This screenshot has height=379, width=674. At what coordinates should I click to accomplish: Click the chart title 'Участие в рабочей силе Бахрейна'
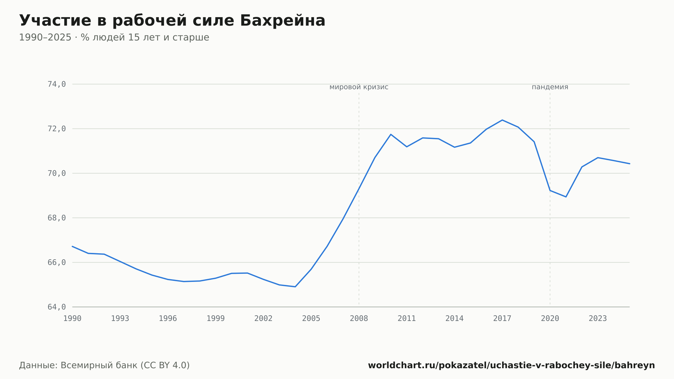172,21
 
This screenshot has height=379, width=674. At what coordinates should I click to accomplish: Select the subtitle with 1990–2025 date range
114,37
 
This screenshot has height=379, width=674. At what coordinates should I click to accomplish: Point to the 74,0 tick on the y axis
57,84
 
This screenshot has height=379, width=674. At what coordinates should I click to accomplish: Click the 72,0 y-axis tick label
57,129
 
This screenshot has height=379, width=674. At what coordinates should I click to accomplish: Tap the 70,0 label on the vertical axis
57,173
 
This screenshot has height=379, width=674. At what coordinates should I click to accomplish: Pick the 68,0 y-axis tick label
57,218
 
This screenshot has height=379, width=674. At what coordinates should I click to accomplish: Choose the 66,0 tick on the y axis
57,262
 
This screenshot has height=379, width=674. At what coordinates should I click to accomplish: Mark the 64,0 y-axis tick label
57,307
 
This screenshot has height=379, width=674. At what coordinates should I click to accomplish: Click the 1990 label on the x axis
72,319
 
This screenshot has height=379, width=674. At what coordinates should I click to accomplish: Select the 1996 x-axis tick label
168,319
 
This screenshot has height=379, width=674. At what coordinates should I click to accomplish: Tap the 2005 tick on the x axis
311,319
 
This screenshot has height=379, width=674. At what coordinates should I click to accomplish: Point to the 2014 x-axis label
455,319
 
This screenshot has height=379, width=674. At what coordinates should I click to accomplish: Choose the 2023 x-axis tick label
598,319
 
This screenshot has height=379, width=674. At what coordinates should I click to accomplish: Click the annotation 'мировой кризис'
359,87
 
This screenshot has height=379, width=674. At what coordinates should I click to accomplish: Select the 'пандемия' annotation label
550,87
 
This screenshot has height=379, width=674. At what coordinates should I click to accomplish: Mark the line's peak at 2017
502,120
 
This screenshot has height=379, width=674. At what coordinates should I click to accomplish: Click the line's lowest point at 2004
295,287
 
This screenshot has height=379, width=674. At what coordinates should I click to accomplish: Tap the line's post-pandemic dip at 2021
566,197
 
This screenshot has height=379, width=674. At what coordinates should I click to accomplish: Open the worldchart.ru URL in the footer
512,366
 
